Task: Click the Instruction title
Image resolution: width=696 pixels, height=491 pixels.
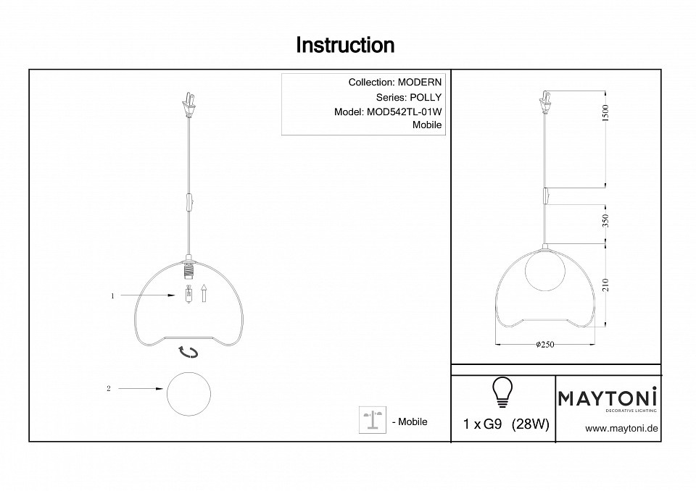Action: [345, 45]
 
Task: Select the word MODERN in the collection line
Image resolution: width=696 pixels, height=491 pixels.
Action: [420, 82]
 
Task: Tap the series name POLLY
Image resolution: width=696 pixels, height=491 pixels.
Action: [426, 97]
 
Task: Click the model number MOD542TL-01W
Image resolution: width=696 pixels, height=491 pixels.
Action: [404, 112]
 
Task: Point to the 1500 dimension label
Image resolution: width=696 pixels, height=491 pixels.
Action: [606, 113]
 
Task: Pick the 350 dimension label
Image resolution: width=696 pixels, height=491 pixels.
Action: [606, 220]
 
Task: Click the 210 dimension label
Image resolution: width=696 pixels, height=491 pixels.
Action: [606, 285]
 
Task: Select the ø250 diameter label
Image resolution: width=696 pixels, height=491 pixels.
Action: [545, 345]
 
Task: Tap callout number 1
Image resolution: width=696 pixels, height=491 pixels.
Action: [113, 296]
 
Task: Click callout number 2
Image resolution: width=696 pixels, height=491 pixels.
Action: [109, 389]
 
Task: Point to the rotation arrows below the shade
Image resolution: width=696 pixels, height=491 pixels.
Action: [188, 352]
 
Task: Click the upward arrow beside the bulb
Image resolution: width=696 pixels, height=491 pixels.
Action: [204, 293]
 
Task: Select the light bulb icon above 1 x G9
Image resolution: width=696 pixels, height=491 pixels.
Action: [502, 392]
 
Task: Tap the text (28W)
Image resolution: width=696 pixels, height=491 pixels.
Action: [531, 424]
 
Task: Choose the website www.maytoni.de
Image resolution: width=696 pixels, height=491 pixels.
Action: [621, 429]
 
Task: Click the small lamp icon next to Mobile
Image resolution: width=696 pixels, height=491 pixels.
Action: [373, 419]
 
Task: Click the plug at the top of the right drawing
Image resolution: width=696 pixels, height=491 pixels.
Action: [545, 102]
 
